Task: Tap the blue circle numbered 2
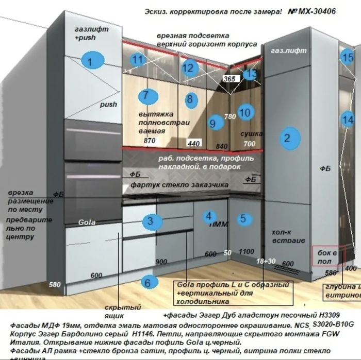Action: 287,138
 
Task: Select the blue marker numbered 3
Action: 150,221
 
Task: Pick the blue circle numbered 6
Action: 147,282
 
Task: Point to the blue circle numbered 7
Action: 146,95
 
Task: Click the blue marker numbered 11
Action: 136,60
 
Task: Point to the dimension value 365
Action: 229,79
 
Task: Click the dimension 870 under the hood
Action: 150,140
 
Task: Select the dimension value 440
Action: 194,143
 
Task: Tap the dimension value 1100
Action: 247,251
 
